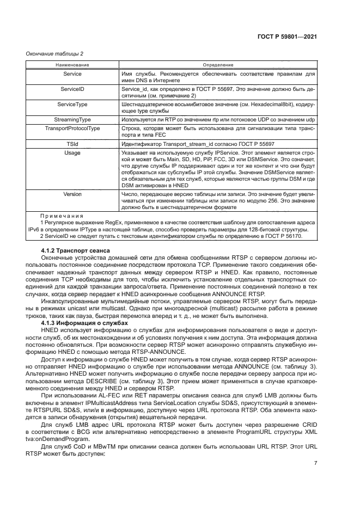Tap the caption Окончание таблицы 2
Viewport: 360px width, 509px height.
[55, 53]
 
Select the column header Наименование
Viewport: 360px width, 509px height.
[72, 65]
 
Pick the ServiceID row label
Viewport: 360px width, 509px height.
[72, 88]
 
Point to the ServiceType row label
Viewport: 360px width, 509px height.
[72, 103]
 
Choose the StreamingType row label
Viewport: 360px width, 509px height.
[72, 118]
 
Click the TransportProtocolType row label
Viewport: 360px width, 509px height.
[72, 128]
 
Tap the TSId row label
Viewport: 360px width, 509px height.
[72, 144]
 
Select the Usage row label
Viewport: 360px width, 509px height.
[72, 154]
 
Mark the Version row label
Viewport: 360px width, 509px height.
[72, 194]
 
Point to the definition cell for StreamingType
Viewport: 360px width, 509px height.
[218, 118]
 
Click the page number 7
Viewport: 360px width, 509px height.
[315, 463]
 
